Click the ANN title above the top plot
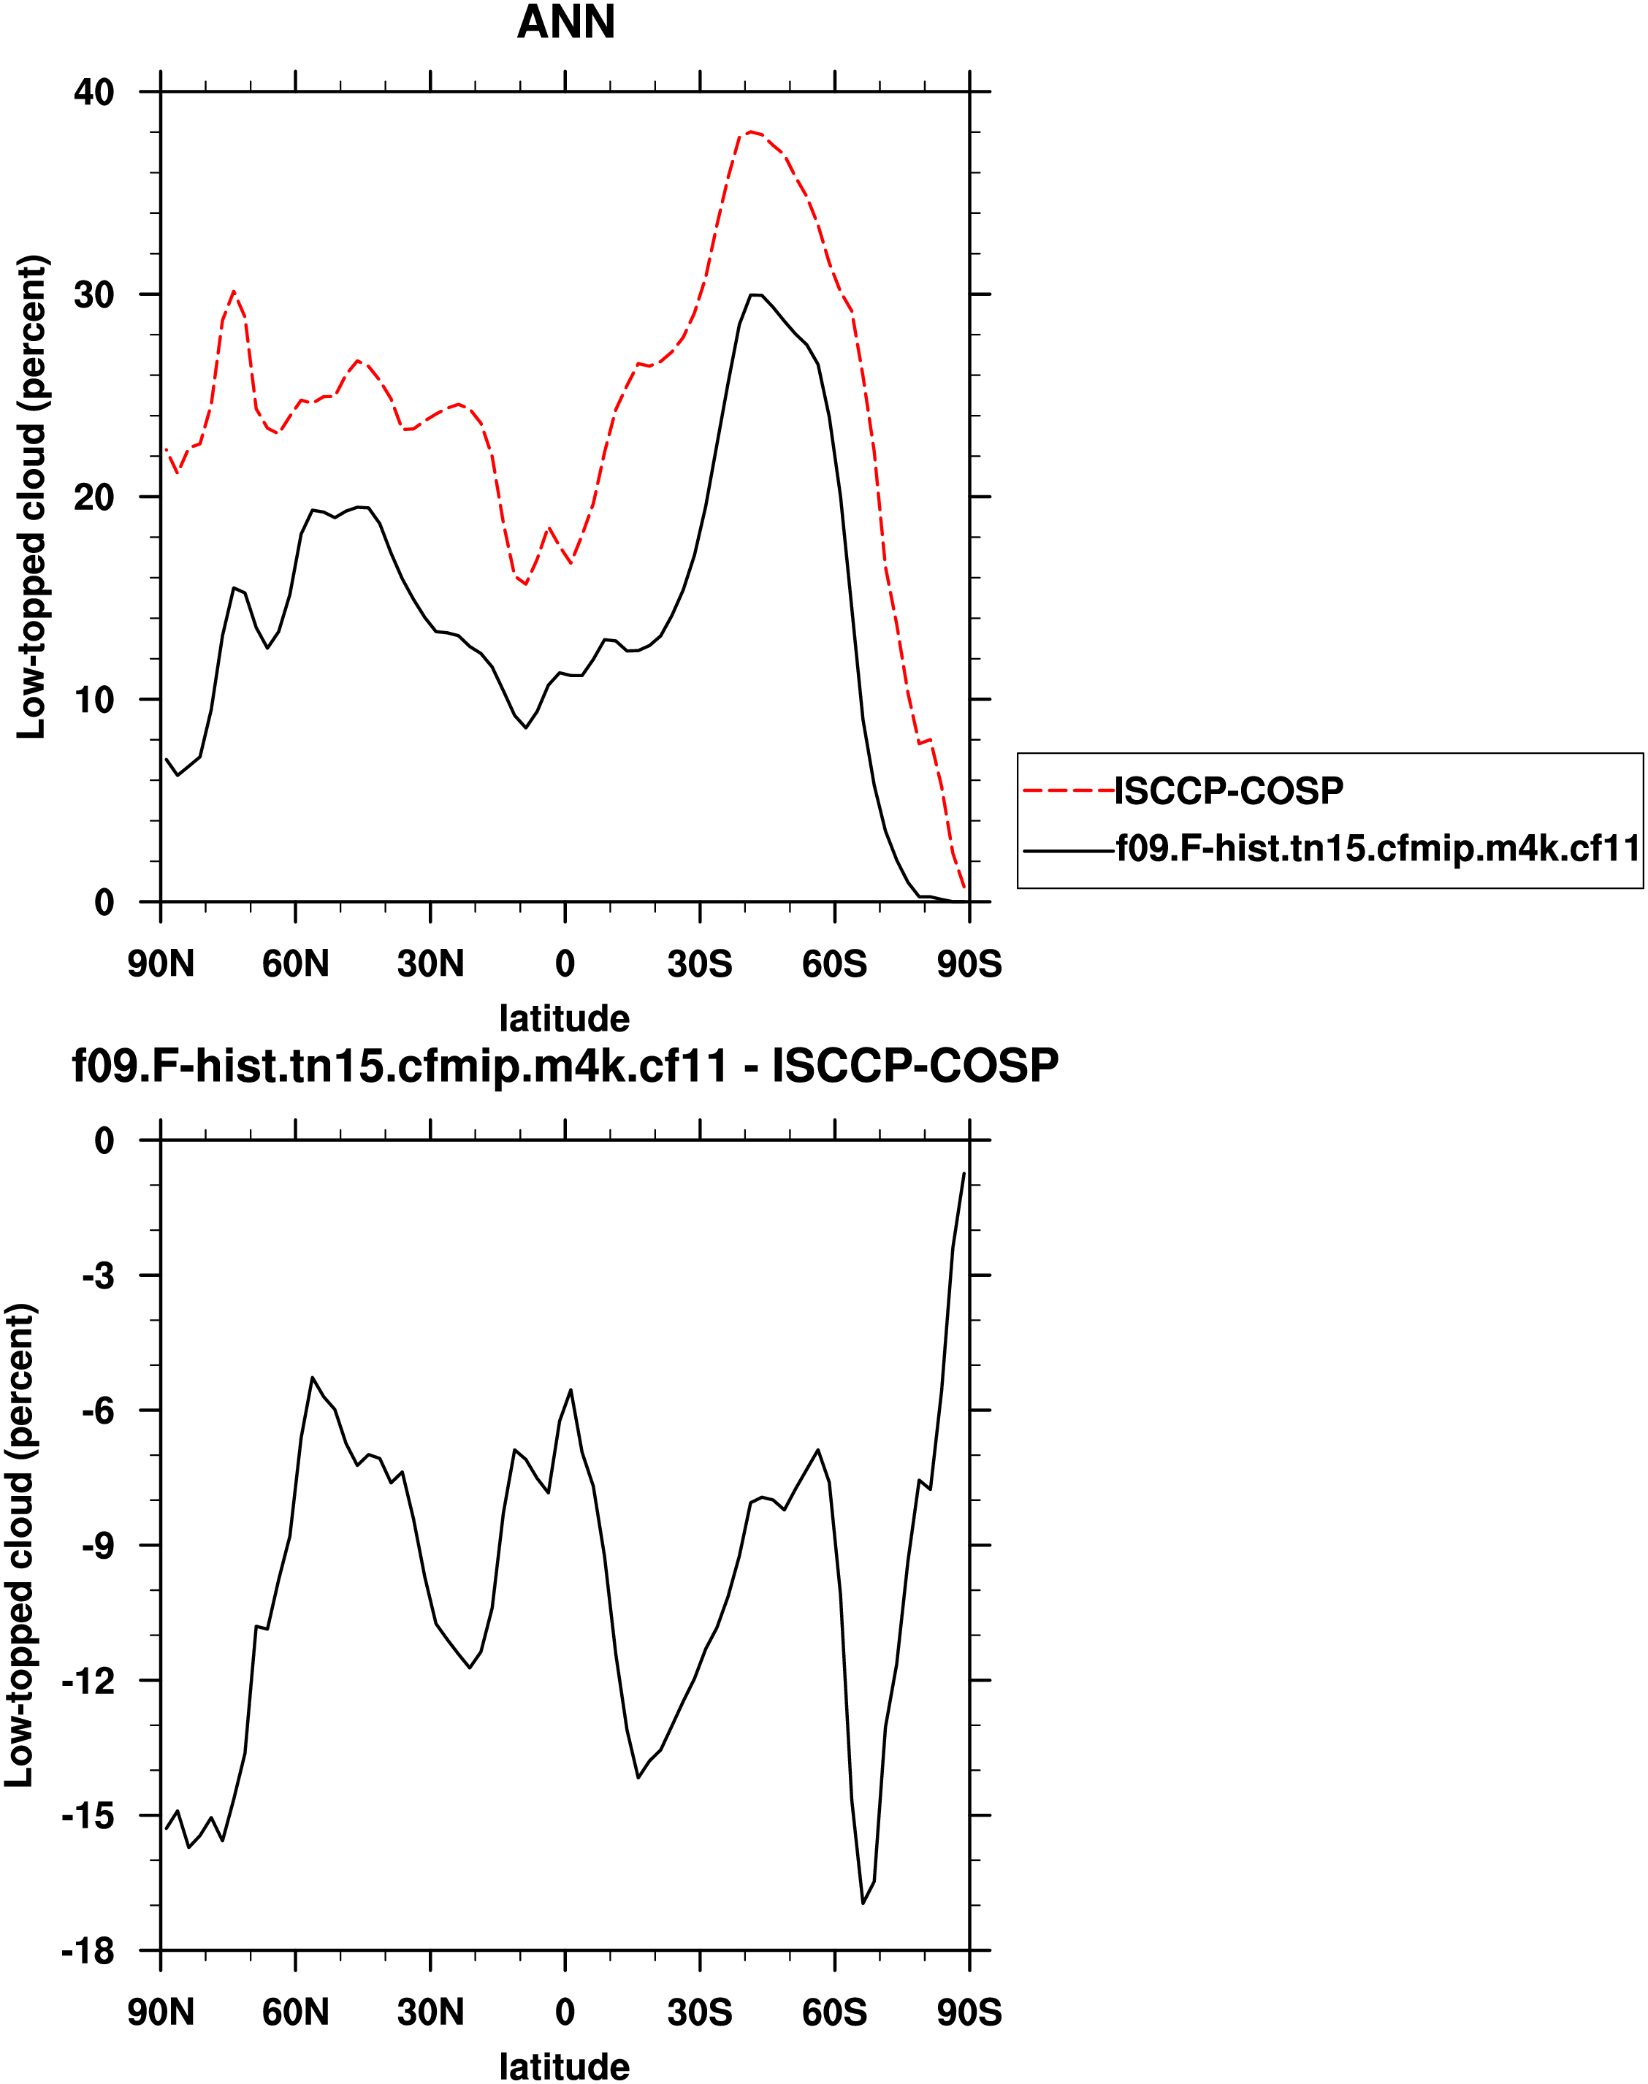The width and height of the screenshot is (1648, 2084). [565, 22]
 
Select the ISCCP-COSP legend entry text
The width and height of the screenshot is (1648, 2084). [1228, 790]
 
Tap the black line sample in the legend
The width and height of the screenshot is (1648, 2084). [1068, 850]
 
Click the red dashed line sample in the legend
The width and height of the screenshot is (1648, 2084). [1068, 791]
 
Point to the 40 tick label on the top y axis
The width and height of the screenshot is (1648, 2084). [94, 93]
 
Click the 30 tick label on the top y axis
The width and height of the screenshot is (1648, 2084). [94, 294]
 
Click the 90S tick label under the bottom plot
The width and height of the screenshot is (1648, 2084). [969, 2012]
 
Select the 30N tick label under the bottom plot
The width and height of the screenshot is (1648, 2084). [430, 2012]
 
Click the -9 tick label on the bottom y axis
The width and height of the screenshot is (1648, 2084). [96, 1546]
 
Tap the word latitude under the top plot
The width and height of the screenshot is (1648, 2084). [565, 1018]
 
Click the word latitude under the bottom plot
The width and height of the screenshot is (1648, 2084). [565, 2066]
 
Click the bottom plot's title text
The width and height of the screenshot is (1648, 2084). [565, 1066]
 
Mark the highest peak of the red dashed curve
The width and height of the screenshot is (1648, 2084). [751, 132]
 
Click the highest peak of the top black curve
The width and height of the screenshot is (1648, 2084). [755, 294]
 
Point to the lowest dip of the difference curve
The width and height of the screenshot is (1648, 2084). [863, 1904]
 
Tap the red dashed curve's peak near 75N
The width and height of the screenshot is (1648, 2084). [234, 291]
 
